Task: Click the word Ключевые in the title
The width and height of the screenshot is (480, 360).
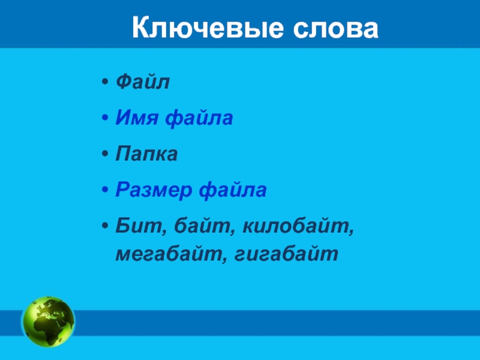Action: pos(208,28)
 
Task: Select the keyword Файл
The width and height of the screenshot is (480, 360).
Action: pos(143,82)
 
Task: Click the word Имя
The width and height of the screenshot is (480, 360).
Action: pos(137,118)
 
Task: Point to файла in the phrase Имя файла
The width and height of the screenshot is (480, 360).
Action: pos(199,118)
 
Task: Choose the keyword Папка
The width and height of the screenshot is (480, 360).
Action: pos(146,154)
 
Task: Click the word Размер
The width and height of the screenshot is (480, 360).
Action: pos(154,190)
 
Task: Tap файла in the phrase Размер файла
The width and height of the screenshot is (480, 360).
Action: pos(233,189)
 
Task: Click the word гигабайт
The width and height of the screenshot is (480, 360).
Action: pos(287,253)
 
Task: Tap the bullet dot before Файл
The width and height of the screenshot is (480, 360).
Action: pos(104,82)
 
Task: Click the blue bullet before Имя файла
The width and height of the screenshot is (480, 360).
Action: pos(104,118)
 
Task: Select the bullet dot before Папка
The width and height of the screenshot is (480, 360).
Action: pos(104,154)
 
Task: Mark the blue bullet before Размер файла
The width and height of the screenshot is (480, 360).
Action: pos(104,190)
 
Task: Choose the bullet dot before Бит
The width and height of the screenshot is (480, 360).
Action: pos(104,226)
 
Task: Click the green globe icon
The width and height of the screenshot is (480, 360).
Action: pos(48,322)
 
